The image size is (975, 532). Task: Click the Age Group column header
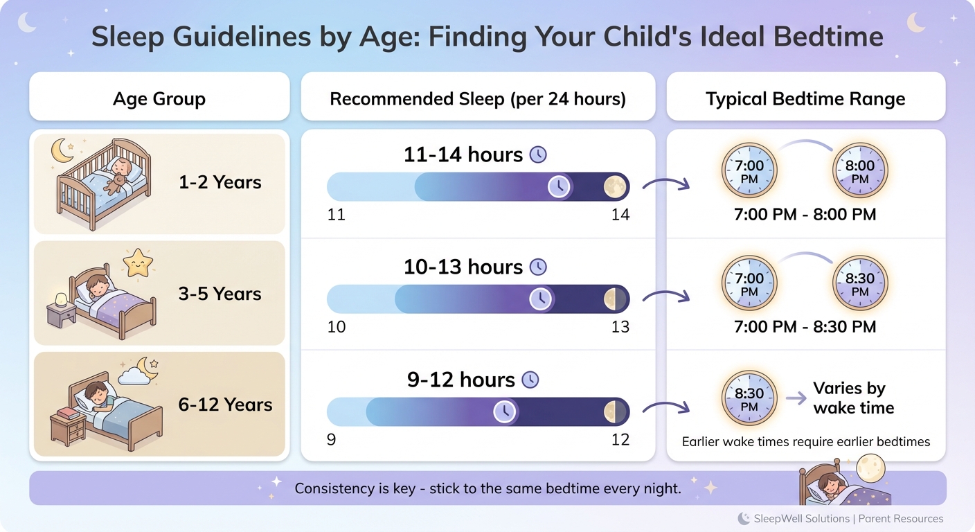(159, 99)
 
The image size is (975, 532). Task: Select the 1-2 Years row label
(220, 182)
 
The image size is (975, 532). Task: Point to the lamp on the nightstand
(61, 299)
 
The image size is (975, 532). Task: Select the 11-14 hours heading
(463, 154)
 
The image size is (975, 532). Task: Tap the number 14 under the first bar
(620, 215)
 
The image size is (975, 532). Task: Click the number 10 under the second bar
(337, 326)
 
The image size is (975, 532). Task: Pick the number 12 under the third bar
(620, 439)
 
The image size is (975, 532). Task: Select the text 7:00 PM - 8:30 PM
(805, 326)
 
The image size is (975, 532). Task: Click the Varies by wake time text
(853, 398)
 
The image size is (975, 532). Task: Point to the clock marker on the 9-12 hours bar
(505, 411)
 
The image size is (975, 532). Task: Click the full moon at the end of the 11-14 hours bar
(614, 186)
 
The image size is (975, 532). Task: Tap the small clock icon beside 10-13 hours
(538, 267)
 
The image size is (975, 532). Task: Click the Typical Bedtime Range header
(805, 99)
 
